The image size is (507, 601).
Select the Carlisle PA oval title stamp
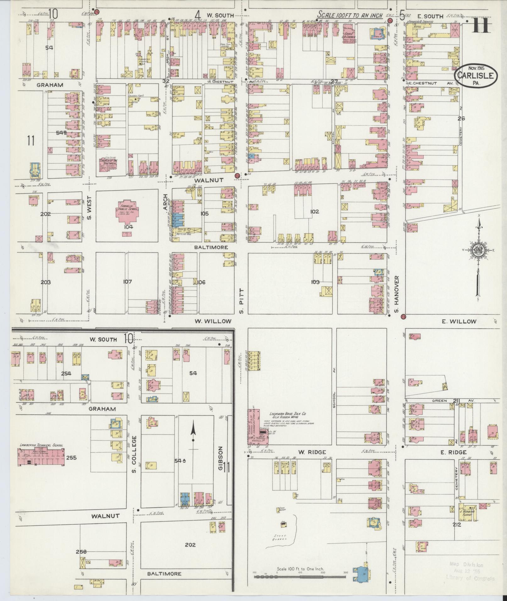[472, 75]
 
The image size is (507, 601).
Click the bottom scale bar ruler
[300, 577]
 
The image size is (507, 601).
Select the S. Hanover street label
[397, 294]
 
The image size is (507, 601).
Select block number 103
[315, 282]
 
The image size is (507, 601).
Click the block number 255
[71, 457]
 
